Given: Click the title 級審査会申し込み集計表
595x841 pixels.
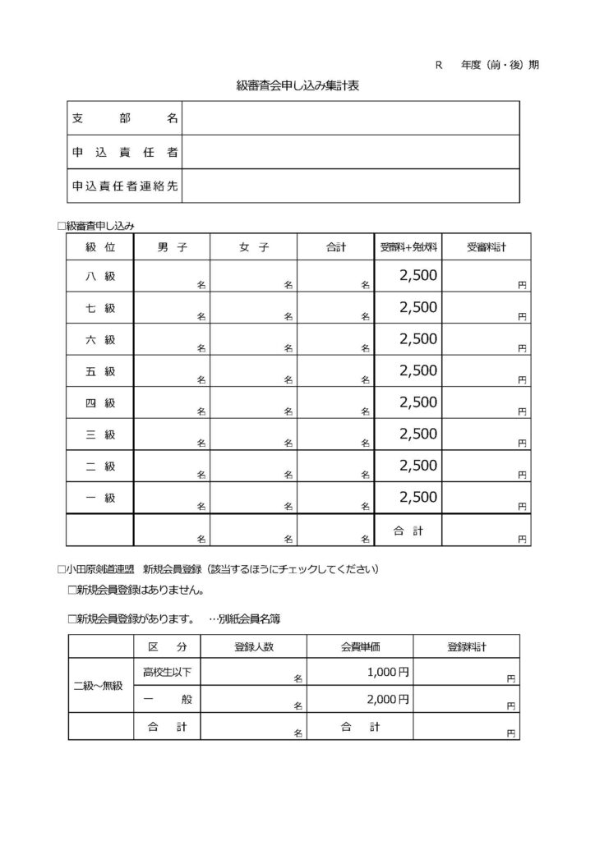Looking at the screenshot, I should pos(297,85).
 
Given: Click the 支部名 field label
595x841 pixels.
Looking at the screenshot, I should pos(124,118).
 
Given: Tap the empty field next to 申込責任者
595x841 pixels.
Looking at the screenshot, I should pos(351,152).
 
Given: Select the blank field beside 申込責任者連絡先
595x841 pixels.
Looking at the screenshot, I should pos(351,186).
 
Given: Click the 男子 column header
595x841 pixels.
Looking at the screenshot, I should pos(171,246).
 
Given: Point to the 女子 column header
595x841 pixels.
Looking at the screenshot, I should pos(253,246).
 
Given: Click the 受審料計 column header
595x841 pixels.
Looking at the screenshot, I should pos(486,246).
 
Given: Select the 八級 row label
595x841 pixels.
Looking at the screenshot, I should pos(99,276).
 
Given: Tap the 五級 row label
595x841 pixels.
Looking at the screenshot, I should pos(99,371).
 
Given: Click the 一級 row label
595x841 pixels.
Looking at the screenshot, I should pos(99,498).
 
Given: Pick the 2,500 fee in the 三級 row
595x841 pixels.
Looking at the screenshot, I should pos(418,434).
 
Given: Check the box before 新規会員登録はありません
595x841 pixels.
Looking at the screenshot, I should pos(71,590).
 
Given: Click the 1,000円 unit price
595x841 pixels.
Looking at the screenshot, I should pos(387,673).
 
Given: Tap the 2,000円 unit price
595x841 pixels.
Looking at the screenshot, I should pos(387,700).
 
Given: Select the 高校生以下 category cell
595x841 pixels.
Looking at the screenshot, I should pos(167,673).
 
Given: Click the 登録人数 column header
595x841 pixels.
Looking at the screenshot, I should pos(254,646).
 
